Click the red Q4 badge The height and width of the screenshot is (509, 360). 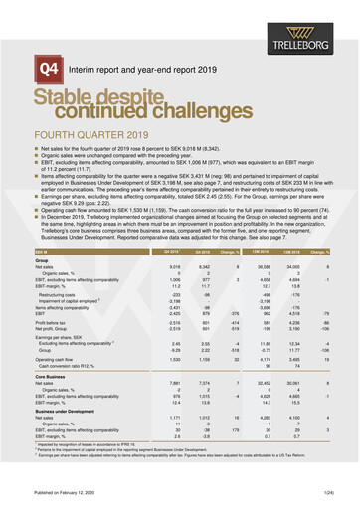pyautogui.click(x=46, y=69)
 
